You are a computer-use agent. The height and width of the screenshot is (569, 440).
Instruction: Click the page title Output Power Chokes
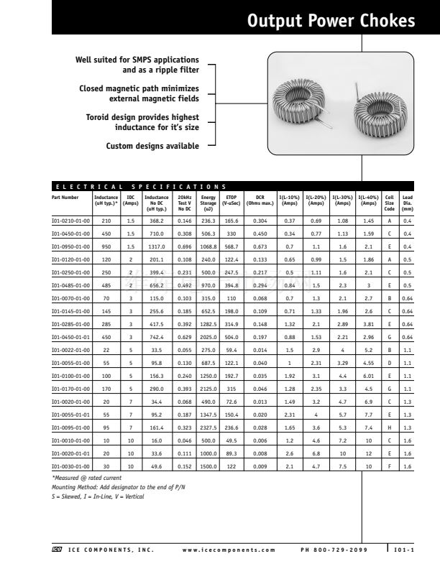click(x=330, y=21)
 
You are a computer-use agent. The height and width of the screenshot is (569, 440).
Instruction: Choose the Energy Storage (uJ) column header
click(x=208, y=200)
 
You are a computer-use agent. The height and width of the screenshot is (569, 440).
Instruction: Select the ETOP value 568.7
click(x=232, y=246)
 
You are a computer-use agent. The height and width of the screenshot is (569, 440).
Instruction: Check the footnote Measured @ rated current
click(x=87, y=478)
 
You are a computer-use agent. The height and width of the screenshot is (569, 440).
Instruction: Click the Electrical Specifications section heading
click(x=141, y=187)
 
